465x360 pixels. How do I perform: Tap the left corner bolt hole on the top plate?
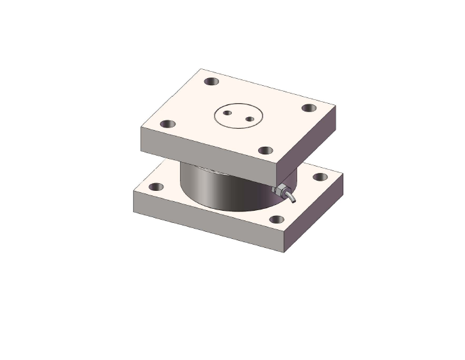point(167,124)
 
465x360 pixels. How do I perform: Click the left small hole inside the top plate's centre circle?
point(227,113)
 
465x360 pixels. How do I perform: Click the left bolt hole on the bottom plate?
point(156,187)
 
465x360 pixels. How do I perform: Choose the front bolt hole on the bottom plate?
point(276,219)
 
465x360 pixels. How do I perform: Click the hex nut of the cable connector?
point(279,190)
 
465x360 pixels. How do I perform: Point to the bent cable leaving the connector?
point(291,197)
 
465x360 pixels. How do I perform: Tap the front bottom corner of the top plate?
point(277,184)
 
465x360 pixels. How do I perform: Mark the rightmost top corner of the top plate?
point(336,104)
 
